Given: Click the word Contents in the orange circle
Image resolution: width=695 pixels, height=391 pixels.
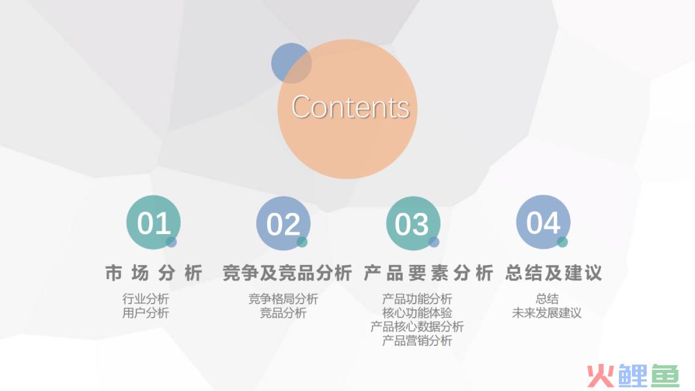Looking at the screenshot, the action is tap(350, 107).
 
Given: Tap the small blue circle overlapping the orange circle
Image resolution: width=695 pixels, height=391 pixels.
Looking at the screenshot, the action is tap(292, 63).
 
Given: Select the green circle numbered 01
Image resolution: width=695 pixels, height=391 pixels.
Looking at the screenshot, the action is tap(153, 223).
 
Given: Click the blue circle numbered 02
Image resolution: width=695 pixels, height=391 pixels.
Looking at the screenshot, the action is tap(283, 223).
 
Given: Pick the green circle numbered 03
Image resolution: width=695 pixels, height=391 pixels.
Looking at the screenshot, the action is tap(413, 223).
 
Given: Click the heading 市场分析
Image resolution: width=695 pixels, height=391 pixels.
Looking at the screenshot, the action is tap(154, 273).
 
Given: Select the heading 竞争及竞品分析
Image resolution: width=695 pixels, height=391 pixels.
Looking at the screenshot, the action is tap(287, 273).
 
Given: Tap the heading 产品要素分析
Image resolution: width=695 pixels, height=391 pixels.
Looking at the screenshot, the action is tap(428, 273).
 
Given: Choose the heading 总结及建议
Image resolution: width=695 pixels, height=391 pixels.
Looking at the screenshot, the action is tap(553, 273).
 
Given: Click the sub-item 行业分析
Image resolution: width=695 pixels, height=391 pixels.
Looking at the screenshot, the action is tap(145, 299).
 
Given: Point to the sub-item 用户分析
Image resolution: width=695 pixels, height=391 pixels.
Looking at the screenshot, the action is tap(145, 313).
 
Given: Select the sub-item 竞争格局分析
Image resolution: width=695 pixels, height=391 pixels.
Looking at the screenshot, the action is tap(283, 299).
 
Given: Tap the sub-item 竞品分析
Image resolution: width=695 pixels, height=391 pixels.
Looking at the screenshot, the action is tap(283, 313).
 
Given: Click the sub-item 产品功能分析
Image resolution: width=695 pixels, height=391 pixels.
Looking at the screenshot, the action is tap(417, 299).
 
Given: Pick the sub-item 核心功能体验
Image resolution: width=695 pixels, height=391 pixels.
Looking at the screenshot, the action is tap(417, 313).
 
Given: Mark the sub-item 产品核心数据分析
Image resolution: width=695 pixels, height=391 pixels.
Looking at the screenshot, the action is tap(417, 327).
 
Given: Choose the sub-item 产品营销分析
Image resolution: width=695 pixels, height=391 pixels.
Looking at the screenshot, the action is tap(417, 341).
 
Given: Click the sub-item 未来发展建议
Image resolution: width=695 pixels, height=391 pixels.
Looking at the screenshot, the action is tap(546, 313).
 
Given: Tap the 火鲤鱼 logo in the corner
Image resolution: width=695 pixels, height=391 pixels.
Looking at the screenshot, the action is tap(633, 376).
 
